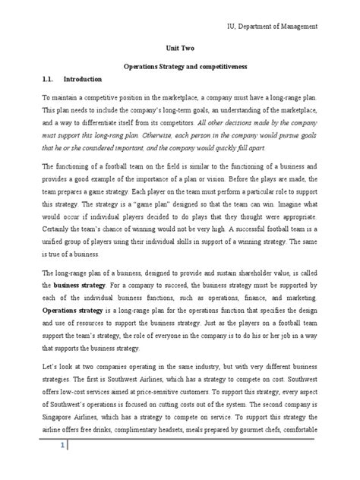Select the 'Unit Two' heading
[x=179, y=46]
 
